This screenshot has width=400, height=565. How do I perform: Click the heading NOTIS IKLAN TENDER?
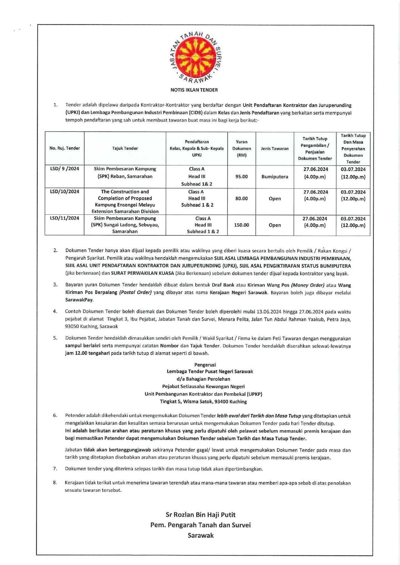point(194,90)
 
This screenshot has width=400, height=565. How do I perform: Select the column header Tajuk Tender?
point(125,148)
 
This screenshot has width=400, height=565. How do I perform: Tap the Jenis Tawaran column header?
point(275,148)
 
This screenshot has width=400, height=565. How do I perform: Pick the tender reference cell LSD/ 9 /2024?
point(64,169)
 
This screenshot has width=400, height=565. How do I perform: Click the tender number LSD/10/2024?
point(64,192)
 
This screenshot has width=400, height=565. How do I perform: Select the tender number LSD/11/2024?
point(64,218)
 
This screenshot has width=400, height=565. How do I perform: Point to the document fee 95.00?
point(241,176)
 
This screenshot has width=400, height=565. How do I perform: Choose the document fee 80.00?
point(241,199)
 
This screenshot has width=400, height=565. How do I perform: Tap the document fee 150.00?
point(241,225)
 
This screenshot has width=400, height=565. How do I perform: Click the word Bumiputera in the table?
point(275,176)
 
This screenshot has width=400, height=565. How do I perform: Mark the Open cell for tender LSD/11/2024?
point(275,225)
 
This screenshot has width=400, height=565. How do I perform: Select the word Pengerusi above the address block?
point(205,365)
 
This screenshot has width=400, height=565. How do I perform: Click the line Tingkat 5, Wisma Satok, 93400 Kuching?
point(203,401)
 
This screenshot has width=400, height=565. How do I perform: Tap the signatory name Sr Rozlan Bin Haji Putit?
point(200,515)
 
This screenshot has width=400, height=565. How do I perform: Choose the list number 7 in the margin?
point(55,469)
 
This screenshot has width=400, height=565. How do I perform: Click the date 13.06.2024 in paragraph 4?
point(269,312)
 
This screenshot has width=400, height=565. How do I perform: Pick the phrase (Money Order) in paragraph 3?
point(307,285)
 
